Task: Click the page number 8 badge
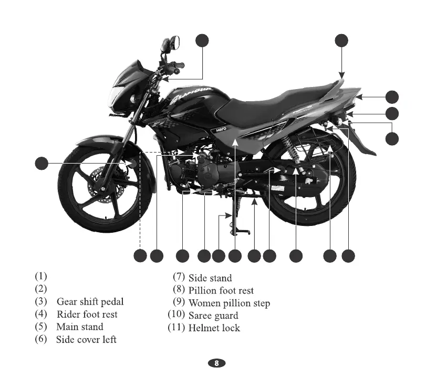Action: [x=216, y=364]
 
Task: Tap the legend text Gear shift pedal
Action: [x=90, y=302]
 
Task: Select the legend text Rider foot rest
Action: [x=87, y=315]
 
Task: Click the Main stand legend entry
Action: [x=80, y=327]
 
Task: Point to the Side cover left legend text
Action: [x=86, y=340]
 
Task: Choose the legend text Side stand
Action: [x=210, y=278]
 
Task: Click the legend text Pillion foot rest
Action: [x=221, y=290]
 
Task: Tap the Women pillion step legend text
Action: [x=229, y=303]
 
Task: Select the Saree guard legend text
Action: [x=213, y=316]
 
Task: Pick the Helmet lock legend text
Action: [x=214, y=328]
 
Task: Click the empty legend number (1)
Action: [x=41, y=276]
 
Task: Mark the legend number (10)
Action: [x=176, y=315]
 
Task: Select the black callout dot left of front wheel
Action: [x=41, y=163]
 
